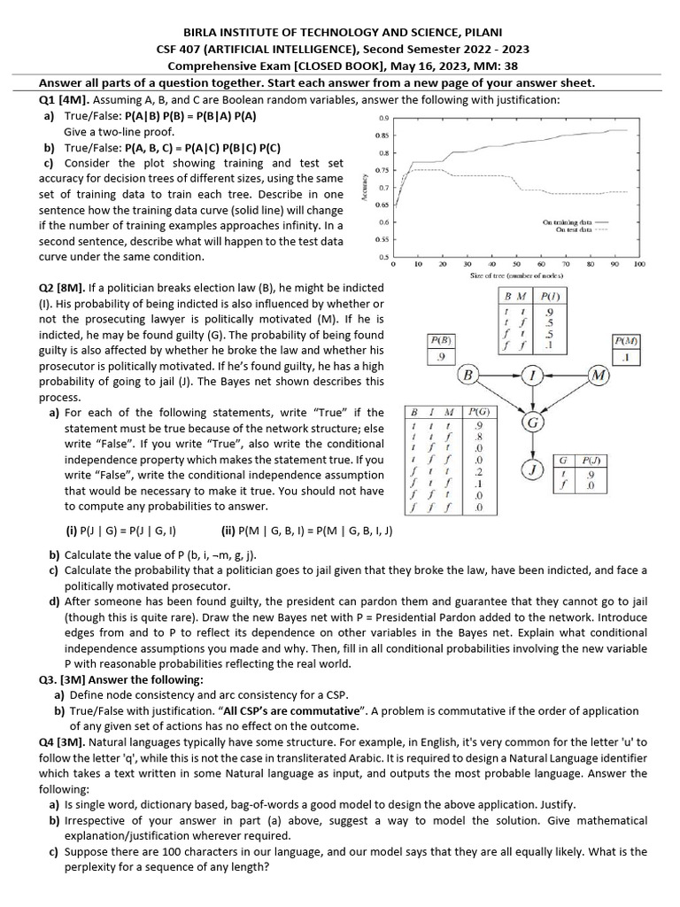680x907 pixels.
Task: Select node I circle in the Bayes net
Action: click(533, 376)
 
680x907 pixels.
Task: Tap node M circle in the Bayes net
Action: click(599, 376)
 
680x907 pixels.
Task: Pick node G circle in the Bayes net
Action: click(533, 423)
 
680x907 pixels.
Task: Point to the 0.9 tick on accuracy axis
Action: click(383, 118)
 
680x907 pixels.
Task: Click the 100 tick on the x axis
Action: click(639, 265)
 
